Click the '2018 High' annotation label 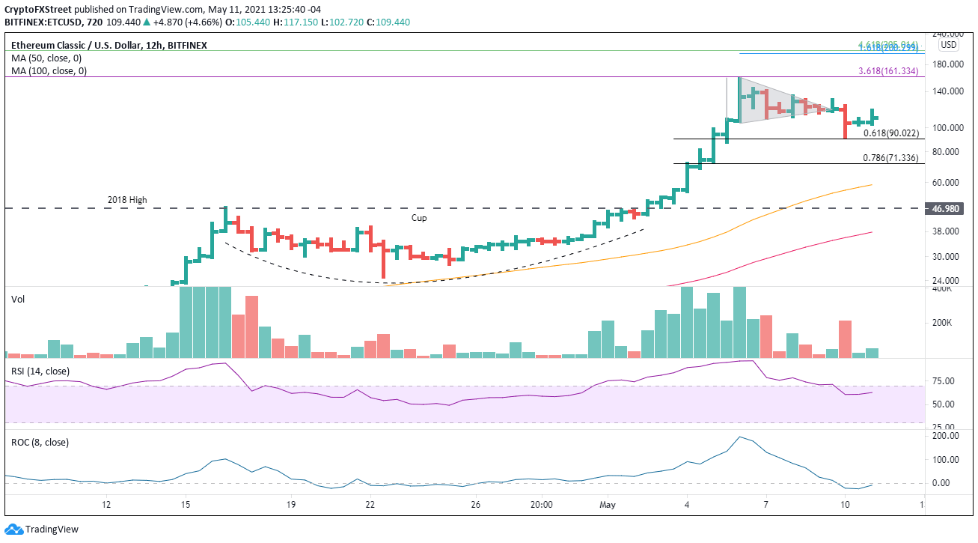click(x=127, y=200)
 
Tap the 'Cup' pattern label click(x=419, y=217)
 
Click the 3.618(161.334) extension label click(x=891, y=71)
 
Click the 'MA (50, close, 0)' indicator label click(x=46, y=58)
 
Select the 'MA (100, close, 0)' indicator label click(x=49, y=71)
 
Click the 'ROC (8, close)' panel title click(x=40, y=442)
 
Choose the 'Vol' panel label click(x=18, y=299)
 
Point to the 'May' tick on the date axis click(x=608, y=504)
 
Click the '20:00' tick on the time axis click(x=542, y=504)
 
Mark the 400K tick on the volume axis click(x=941, y=288)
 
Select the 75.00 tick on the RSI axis click(x=943, y=381)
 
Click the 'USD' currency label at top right click(x=948, y=45)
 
